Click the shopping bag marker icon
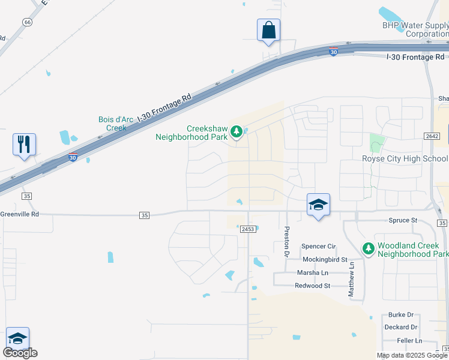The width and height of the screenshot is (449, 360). [x=268, y=29]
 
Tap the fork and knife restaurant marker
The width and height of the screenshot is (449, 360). [x=24, y=144]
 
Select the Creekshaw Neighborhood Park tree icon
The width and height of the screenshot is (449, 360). [x=237, y=131]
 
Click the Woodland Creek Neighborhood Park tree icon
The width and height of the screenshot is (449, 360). [x=368, y=248]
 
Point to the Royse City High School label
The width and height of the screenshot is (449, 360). [x=405, y=158]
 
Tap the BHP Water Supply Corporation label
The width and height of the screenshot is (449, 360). [x=415, y=29]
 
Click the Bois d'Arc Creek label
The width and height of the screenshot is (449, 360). [x=112, y=124]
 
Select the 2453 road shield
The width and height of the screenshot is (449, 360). [x=249, y=229]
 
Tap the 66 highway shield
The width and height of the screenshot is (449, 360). [x=27, y=22]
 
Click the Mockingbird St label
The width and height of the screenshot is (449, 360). [x=325, y=260]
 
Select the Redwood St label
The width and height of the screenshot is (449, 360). [x=312, y=286]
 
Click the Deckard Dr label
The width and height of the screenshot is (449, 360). [x=401, y=327]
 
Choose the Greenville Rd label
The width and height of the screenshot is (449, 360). [x=19, y=214]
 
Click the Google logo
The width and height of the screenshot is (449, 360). [x=20, y=353]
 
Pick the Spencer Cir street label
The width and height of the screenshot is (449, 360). [x=319, y=246]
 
